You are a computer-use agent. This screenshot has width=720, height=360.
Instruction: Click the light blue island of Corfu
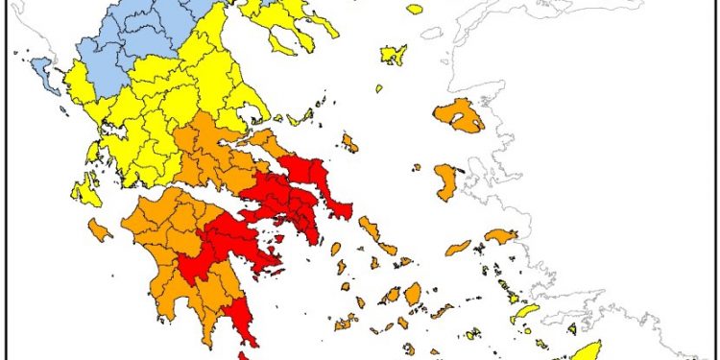coord(41,67)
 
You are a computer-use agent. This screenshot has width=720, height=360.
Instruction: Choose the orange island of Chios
coord(446,180)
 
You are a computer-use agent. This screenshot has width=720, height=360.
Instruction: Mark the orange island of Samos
coord(501,235)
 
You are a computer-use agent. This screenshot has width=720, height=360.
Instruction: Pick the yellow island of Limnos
coord(393,54)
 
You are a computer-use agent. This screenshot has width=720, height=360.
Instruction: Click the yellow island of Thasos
coord(414,9)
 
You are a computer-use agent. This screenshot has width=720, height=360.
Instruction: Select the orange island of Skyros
coord(349,144)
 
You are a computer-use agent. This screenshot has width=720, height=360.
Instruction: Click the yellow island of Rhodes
coord(583,351)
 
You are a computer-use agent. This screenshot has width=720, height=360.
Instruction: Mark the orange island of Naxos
coord(413,293)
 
